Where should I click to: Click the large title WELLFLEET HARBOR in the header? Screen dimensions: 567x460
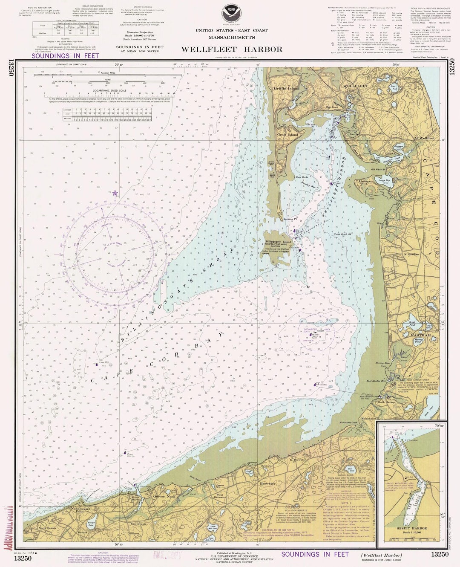tap(231, 49)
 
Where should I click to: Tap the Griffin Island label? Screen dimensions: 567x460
tap(286, 89)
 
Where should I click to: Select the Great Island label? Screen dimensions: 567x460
tap(287, 135)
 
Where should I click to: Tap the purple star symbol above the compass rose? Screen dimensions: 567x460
tap(115, 194)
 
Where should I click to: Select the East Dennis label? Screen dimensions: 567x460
tap(139, 524)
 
